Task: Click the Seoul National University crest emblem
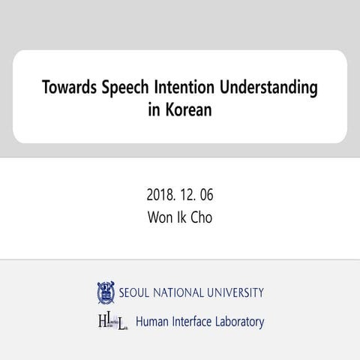click(105, 292)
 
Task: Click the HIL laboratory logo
click(112, 322)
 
